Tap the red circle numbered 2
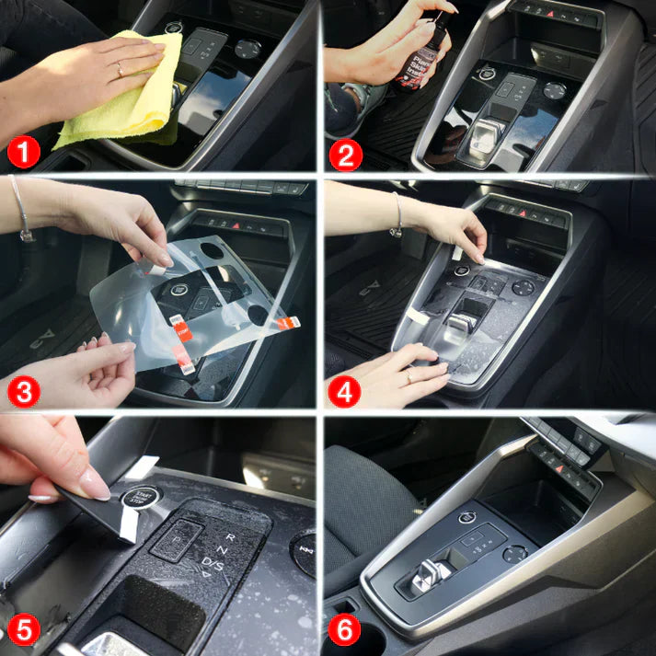coord(345,153)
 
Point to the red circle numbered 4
coord(344,390)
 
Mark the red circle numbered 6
coord(345,632)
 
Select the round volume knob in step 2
coord(554,90)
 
